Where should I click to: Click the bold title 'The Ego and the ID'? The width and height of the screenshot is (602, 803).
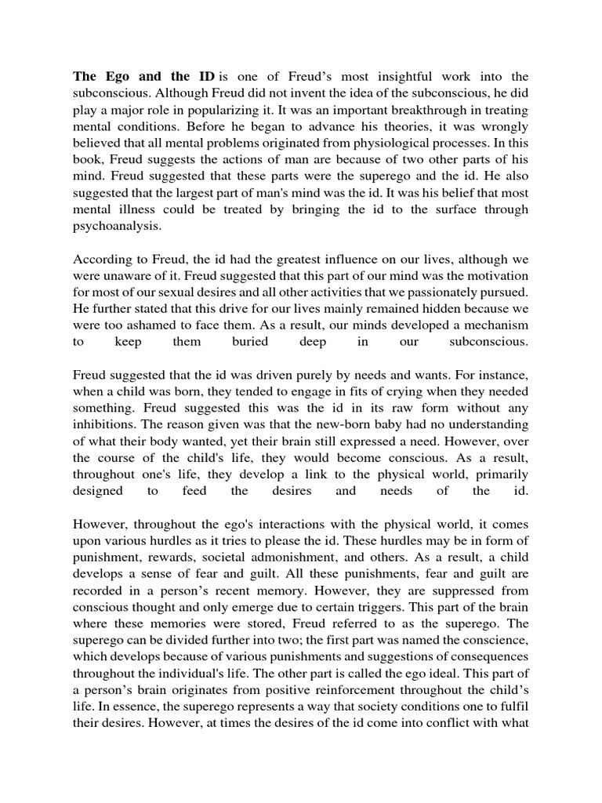pyautogui.click(x=144, y=77)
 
